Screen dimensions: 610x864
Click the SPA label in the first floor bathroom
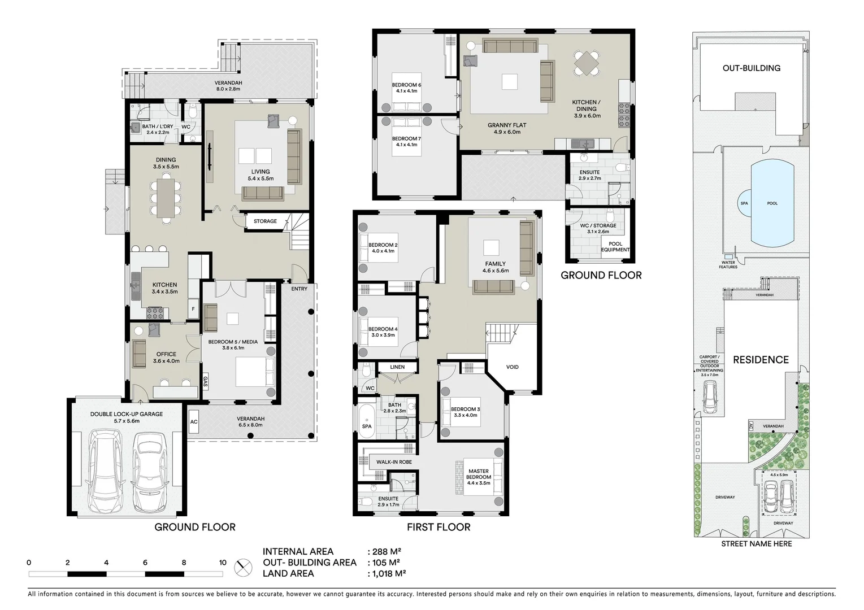click(x=367, y=426)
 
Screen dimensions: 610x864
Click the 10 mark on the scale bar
click(x=223, y=563)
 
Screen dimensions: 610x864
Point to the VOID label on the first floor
click(x=512, y=367)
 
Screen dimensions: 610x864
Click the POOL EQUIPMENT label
click(x=615, y=247)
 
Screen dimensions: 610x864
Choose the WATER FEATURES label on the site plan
click(x=728, y=264)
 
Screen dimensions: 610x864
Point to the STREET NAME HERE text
click(x=756, y=544)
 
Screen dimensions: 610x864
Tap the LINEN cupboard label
click(x=397, y=367)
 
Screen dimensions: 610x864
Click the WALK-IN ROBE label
click(x=394, y=462)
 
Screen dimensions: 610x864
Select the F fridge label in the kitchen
click(x=193, y=309)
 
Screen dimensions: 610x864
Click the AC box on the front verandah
click(x=194, y=422)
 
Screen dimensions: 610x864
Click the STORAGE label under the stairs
click(x=265, y=221)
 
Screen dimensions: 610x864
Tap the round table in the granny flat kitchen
click(x=587, y=63)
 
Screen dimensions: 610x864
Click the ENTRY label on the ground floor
click(x=299, y=289)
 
